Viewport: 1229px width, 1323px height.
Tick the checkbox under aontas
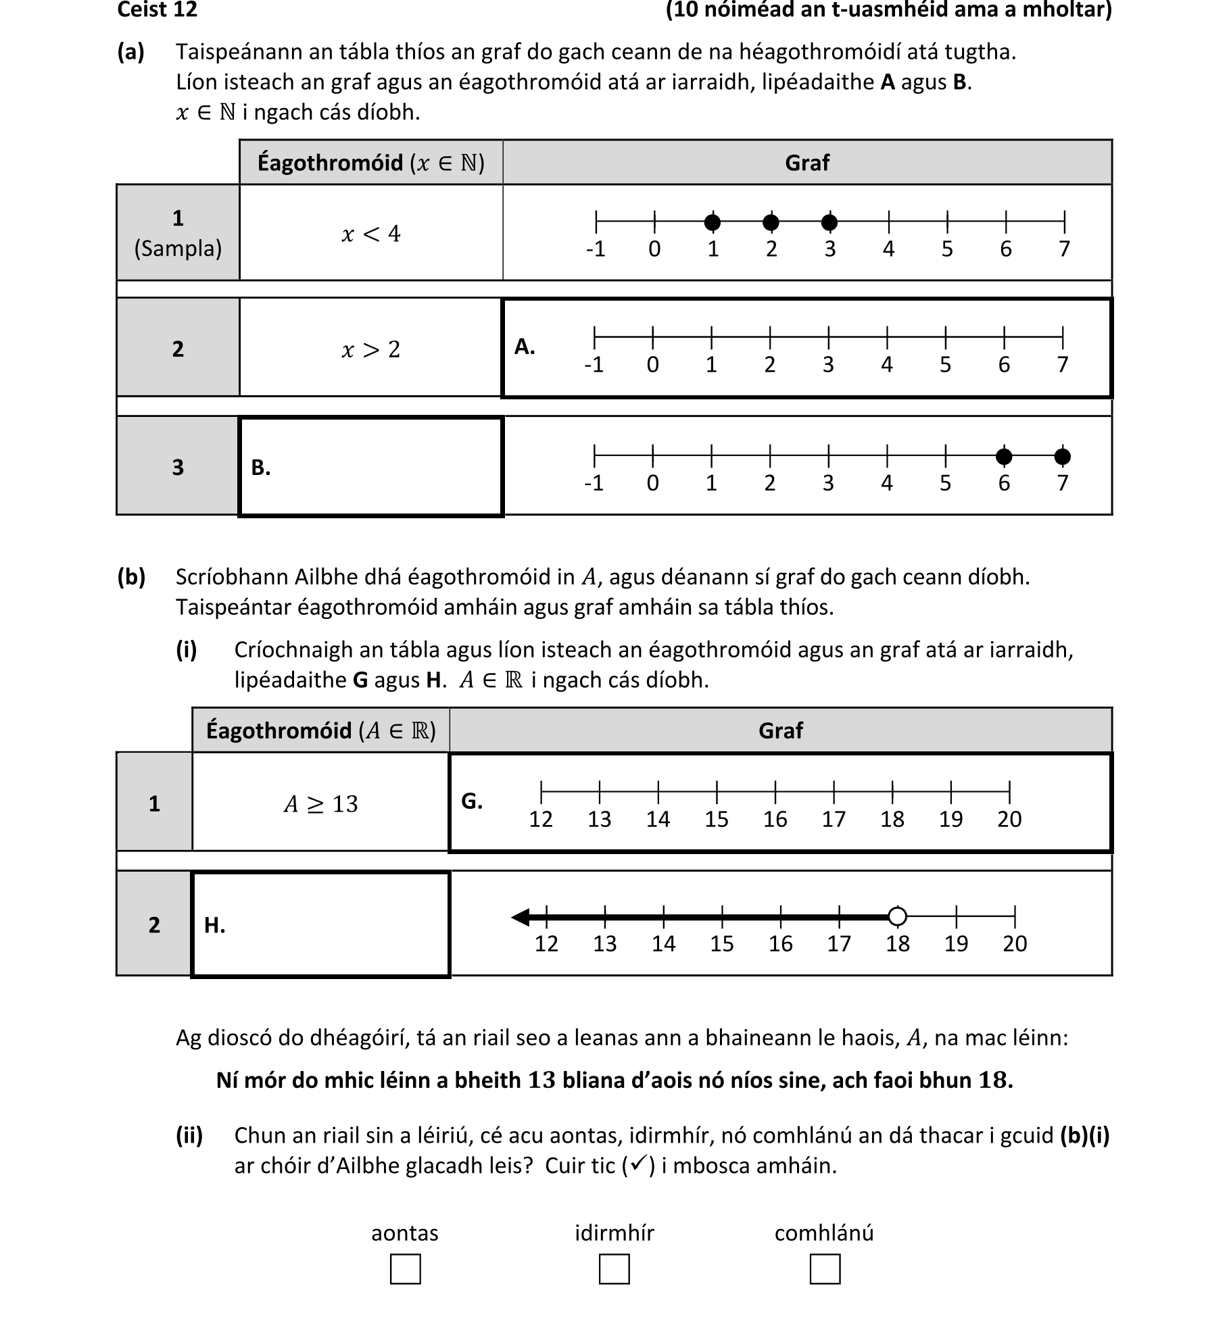point(405,1268)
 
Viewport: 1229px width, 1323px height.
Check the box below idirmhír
point(614,1268)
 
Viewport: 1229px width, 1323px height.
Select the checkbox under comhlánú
point(824,1268)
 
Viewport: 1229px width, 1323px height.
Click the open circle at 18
point(897,916)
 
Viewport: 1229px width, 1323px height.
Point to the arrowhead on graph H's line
point(521,917)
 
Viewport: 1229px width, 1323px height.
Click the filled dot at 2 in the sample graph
point(771,222)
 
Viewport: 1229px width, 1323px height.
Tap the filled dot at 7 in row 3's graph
point(1063,457)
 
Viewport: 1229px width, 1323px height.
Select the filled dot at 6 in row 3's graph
point(1004,457)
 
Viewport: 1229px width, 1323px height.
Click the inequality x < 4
point(370,234)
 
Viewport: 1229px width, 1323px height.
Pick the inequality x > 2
point(370,349)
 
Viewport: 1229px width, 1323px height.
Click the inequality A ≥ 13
point(320,803)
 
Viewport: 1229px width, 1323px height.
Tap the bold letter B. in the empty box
point(261,467)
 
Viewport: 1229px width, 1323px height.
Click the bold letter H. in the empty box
point(214,924)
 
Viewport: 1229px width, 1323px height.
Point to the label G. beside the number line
point(471,801)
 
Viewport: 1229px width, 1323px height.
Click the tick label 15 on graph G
point(716,819)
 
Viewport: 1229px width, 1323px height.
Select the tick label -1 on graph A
point(594,365)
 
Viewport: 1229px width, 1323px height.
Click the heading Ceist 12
point(157,9)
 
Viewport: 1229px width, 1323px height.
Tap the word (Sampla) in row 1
point(178,249)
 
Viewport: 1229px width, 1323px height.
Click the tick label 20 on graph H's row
point(1014,943)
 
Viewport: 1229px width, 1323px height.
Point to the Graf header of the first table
point(806,162)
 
